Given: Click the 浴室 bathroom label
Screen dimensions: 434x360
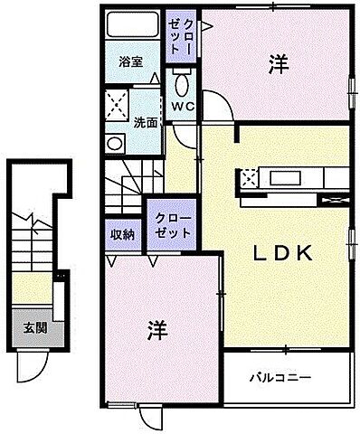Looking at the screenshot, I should tap(131, 62).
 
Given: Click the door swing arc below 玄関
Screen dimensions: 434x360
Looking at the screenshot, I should tap(34, 366).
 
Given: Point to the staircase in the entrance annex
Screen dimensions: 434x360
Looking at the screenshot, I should tap(24, 240).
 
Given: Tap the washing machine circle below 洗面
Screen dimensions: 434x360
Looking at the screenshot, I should tap(115, 142).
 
